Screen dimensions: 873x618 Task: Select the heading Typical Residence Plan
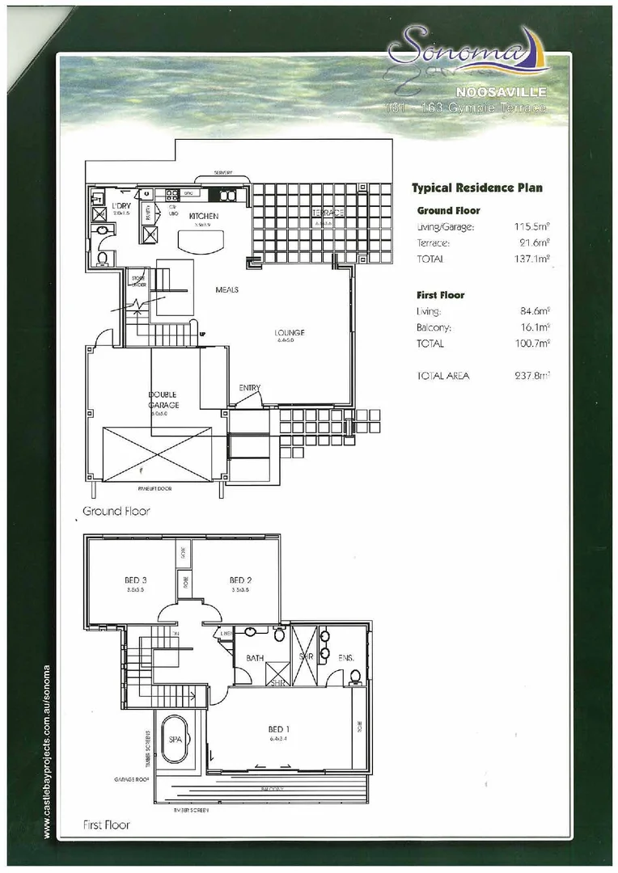[x=476, y=188]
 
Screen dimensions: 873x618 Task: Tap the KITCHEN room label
[x=204, y=217]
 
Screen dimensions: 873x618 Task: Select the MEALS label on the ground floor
[x=226, y=289]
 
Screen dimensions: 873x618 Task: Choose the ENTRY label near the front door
[x=249, y=388]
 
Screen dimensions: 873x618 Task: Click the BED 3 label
[x=135, y=580]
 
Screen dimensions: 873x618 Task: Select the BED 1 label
[x=279, y=729]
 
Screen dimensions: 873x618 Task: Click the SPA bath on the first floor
[x=176, y=739]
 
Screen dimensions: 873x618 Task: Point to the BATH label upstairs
[x=255, y=659]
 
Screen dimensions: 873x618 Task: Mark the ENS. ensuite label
[x=346, y=659]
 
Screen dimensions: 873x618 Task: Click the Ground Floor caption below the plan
[x=116, y=511]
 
